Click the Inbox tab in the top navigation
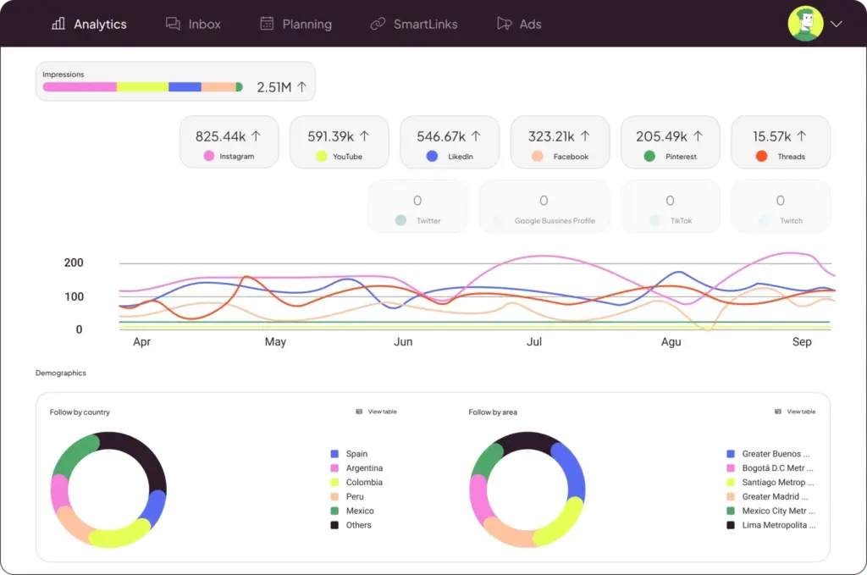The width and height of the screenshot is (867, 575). pos(193,24)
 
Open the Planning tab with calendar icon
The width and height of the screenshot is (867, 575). pos(295,24)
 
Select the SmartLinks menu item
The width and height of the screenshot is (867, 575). pos(414,24)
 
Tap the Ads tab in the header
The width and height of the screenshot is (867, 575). pos(519,24)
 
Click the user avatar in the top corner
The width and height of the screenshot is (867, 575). pos(805,24)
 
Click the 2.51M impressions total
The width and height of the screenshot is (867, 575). pos(281,87)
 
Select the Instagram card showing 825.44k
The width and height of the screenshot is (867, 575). pos(229,142)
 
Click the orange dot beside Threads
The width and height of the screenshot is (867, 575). pos(761,157)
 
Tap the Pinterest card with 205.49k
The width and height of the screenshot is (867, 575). pos(670,142)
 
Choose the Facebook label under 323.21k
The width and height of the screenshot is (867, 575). pos(571,157)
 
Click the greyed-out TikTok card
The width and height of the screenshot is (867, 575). pos(670,207)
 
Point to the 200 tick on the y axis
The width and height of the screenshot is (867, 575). pos(74,263)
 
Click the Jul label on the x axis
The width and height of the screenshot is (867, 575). pos(534,342)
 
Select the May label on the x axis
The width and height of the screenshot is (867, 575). pos(275,342)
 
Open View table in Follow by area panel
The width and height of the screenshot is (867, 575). pos(796,412)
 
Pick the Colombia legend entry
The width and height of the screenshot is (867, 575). pos(363,483)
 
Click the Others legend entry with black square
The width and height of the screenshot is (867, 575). pos(358,525)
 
